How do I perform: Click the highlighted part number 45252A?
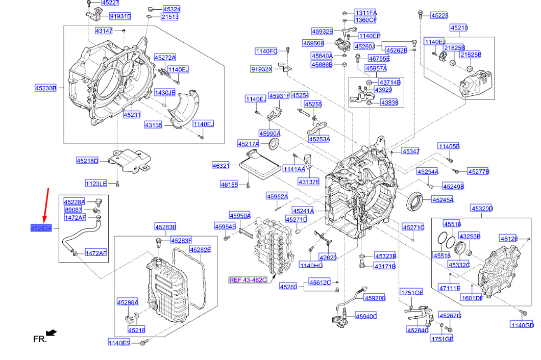point(41,228)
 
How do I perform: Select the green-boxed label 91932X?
point(261,69)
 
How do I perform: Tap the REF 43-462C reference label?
point(248,280)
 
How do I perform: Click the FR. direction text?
point(40,339)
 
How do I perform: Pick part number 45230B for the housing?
point(45,88)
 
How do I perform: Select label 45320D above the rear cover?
point(482,209)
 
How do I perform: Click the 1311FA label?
point(365,13)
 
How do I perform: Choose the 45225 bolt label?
point(439,16)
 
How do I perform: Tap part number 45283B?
point(165,227)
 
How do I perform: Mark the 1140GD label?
point(522,325)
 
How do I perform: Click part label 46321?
point(221,165)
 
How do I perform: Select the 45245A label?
point(442,200)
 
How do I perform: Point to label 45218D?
point(87,161)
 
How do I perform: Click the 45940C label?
point(366,316)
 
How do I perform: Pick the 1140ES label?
point(119,342)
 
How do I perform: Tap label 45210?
point(458,28)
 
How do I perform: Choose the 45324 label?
point(171,9)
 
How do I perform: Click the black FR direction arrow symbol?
point(52,333)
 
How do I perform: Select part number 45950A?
point(240,216)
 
